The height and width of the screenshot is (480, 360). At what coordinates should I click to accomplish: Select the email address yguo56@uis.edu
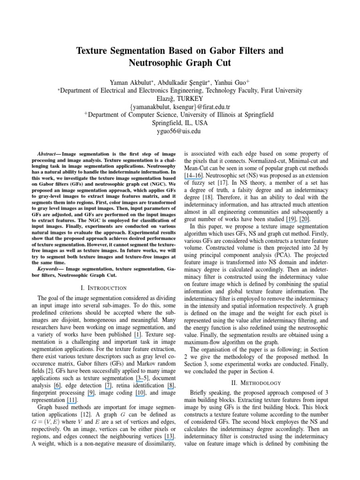point(180,131)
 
